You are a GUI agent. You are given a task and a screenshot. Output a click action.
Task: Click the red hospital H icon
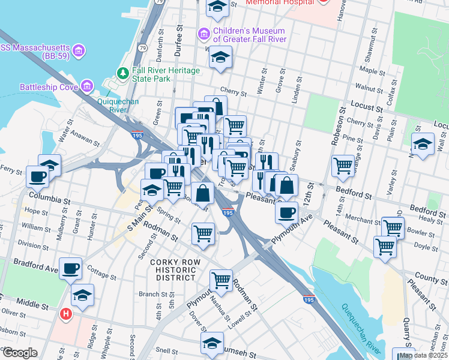coord(67,313)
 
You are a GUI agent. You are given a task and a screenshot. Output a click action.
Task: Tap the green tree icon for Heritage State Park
coord(123,73)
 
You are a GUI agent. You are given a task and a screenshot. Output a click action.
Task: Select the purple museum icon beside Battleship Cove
coord(88,87)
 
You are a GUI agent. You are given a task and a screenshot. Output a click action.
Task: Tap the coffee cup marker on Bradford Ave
coord(71,269)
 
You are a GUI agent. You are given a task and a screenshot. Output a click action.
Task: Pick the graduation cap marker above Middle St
coord(82,295)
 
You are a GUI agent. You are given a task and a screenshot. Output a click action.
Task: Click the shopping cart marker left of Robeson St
coord(343,164)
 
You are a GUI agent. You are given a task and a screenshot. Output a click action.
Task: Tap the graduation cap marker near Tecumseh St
coord(211,344)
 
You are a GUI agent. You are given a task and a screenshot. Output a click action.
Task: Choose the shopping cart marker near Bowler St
coord(393,227)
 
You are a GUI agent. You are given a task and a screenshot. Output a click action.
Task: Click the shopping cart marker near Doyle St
coord(385,245)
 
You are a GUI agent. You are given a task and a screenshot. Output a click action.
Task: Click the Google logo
coord(20,352)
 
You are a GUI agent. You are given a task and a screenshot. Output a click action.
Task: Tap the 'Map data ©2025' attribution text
coord(423,355)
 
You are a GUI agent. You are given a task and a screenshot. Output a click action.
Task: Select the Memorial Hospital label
coord(280,2)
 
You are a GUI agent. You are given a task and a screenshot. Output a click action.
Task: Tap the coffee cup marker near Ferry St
coord(37,176)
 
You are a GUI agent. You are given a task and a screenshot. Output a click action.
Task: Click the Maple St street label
coord(372,71)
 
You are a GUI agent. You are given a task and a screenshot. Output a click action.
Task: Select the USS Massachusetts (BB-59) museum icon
coord(79,48)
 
